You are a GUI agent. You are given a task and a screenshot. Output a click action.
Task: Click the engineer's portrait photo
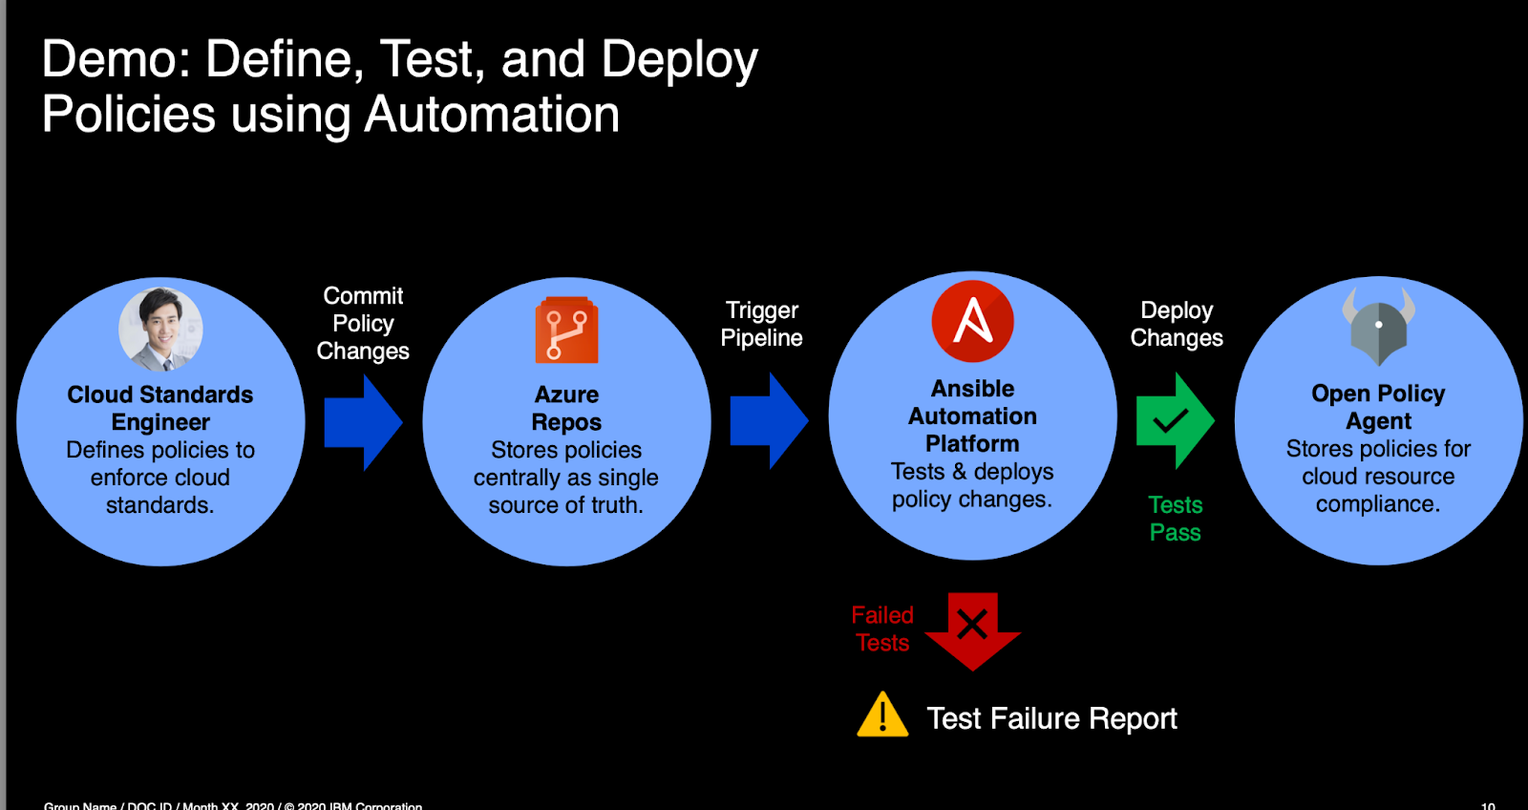click(x=160, y=330)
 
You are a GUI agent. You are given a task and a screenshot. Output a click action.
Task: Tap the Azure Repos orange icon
click(x=566, y=330)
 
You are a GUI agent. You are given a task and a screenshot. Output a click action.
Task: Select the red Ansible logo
click(x=972, y=321)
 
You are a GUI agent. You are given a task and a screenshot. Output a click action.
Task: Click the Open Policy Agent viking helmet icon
click(x=1378, y=326)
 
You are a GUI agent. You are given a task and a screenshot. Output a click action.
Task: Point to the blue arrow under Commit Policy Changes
click(x=362, y=421)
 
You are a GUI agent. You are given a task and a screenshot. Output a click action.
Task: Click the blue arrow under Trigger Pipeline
click(x=768, y=420)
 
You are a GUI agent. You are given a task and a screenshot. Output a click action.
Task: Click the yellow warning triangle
click(x=882, y=715)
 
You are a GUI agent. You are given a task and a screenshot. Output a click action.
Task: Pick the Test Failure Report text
click(x=1051, y=718)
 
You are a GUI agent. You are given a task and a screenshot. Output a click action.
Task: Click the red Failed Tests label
click(x=882, y=629)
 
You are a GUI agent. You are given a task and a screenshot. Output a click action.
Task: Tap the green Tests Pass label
click(x=1175, y=519)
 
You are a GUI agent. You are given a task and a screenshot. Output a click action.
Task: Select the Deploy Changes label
click(x=1176, y=324)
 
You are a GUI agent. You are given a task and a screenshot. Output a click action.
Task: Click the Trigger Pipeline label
click(x=761, y=324)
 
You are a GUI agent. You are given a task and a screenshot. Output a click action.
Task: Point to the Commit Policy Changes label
click(x=363, y=323)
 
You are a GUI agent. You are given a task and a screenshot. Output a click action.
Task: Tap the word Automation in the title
click(x=492, y=115)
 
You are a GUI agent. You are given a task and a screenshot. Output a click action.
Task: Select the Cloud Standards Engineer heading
click(x=160, y=408)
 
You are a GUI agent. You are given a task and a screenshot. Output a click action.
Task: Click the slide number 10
click(x=1487, y=805)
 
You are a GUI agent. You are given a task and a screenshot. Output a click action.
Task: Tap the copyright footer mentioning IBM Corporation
click(x=233, y=805)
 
